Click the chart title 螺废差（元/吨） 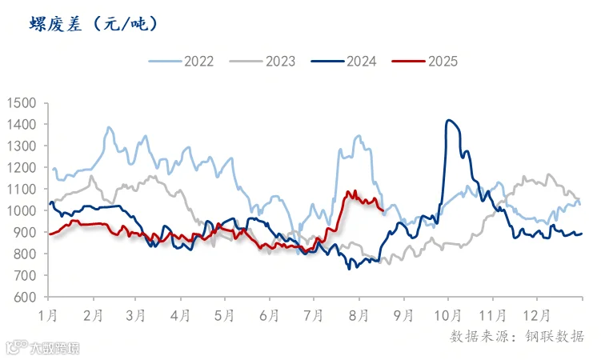pyautogui.click(x=94, y=25)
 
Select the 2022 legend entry pyautogui.click(x=181, y=62)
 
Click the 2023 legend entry pyautogui.click(x=262, y=62)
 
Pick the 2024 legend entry pyautogui.click(x=344, y=62)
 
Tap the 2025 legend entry pyautogui.click(x=425, y=62)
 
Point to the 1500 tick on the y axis pyautogui.click(x=22, y=103)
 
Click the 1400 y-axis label pyautogui.click(x=22, y=125)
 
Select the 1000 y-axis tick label pyautogui.click(x=22, y=210)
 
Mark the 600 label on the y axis pyautogui.click(x=25, y=297)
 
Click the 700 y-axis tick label pyautogui.click(x=25, y=275)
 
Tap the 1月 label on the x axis pyautogui.click(x=48, y=315)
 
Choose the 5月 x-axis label pyautogui.click(x=224, y=315)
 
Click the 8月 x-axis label pyautogui.click(x=359, y=315)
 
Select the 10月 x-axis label pyautogui.click(x=447, y=315)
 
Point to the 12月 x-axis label pyautogui.click(x=537, y=315)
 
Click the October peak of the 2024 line pyautogui.click(x=449, y=120)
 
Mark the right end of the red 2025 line pyautogui.click(x=383, y=210)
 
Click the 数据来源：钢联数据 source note pyautogui.click(x=517, y=336)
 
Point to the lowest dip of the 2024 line pyautogui.click(x=349, y=270)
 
